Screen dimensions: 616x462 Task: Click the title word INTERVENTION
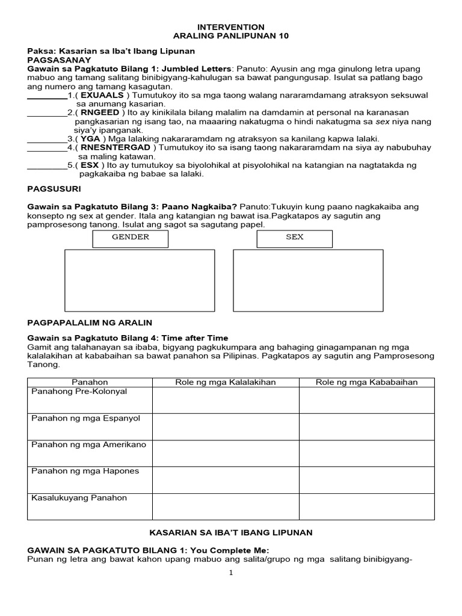(x=230, y=27)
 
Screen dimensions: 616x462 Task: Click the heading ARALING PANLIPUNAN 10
(x=231, y=36)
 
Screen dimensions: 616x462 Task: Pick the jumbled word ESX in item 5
(x=90, y=165)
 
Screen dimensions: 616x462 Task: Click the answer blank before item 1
(x=48, y=96)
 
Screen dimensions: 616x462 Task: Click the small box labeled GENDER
(x=130, y=239)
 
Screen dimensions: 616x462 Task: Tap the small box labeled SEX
(x=294, y=239)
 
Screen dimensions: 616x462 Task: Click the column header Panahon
(x=90, y=382)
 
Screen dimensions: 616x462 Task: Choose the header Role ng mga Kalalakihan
(x=226, y=382)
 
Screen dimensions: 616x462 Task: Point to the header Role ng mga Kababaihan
(x=366, y=382)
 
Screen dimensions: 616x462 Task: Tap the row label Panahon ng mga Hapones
(x=76, y=471)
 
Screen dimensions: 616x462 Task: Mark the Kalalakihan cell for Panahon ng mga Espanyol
(x=226, y=427)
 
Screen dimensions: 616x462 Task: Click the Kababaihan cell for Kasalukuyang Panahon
(x=366, y=506)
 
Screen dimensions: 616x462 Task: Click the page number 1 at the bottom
(x=230, y=573)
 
